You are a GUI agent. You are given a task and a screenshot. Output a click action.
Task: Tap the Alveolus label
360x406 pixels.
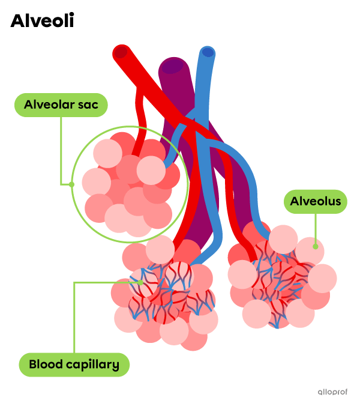[316, 202]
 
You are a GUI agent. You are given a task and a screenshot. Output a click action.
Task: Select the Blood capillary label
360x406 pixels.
[74, 364]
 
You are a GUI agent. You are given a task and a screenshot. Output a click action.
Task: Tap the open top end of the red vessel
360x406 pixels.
[121, 52]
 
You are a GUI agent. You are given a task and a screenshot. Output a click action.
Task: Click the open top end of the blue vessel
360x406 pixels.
[208, 52]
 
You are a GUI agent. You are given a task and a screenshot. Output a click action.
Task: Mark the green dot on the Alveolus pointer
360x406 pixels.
[315, 246]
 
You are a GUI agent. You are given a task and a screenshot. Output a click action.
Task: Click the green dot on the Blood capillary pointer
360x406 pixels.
[140, 282]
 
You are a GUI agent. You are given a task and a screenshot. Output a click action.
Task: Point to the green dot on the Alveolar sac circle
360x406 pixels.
[71, 184]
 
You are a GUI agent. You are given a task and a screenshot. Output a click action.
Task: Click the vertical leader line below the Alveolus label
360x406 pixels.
[315, 228]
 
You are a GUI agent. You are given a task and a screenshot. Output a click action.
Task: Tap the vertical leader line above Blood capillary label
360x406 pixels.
[74, 318]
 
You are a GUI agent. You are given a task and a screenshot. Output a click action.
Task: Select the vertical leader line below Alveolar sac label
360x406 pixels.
[62, 150]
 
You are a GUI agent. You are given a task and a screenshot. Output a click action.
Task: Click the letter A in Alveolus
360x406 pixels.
[295, 202]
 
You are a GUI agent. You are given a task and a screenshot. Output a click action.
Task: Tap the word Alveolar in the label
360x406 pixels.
[50, 105]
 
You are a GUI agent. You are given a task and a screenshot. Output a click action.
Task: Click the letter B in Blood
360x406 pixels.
[32, 364]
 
